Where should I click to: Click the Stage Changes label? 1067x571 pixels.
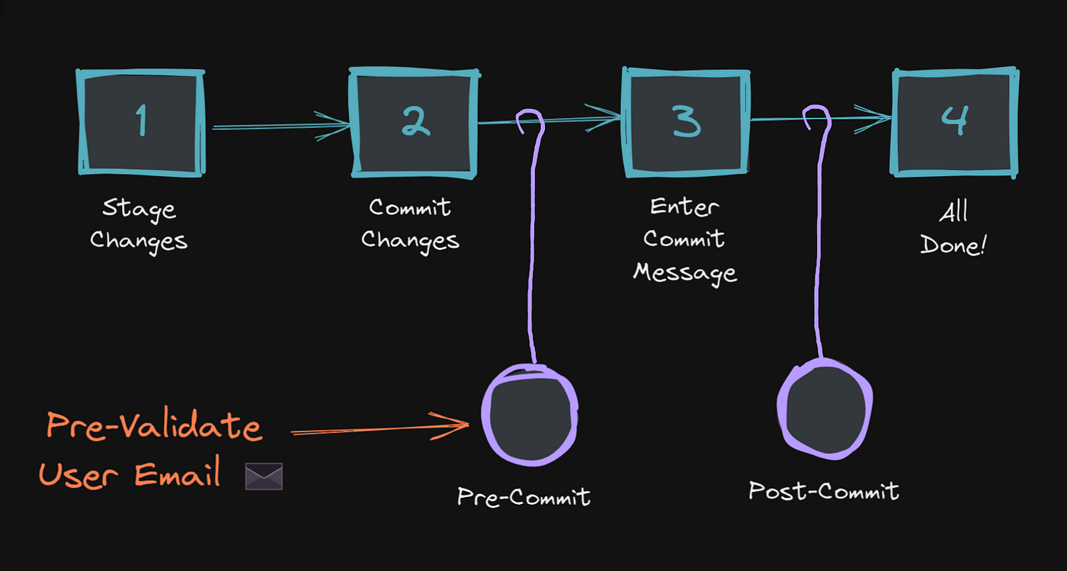click(x=139, y=225)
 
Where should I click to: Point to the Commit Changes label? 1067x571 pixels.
click(x=410, y=224)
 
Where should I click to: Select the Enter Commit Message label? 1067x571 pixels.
click(x=684, y=239)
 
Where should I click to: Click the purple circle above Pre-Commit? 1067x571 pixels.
click(x=530, y=414)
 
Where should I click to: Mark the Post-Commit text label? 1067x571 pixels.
click(x=824, y=491)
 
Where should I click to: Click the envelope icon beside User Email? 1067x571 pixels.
click(x=264, y=476)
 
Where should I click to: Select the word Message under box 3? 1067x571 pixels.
click(x=684, y=272)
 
